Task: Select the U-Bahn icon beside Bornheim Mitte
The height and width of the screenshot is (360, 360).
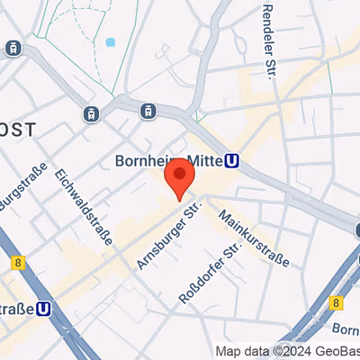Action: pyautogui.click(x=232, y=162)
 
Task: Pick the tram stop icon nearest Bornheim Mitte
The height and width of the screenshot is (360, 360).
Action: pyautogui.click(x=146, y=111)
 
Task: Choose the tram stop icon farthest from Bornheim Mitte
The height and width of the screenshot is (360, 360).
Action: pyautogui.click(x=13, y=48)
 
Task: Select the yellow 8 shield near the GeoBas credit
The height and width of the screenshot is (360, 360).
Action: pyautogui.click(x=337, y=302)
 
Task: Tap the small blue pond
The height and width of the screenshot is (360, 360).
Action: pyautogui.click(x=111, y=41)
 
